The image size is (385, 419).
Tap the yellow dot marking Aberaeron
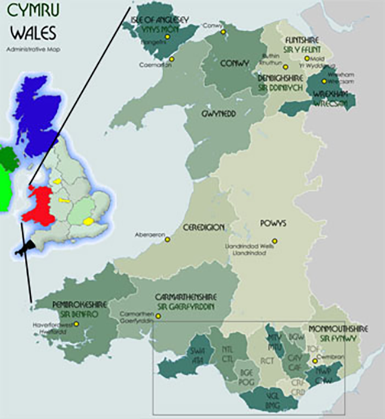[167, 239]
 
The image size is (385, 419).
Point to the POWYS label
[274, 224]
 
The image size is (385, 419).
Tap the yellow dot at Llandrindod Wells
[274, 241]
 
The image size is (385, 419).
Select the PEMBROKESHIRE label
[80, 304]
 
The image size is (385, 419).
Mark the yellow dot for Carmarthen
[158, 316]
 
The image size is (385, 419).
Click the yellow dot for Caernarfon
[172, 59]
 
